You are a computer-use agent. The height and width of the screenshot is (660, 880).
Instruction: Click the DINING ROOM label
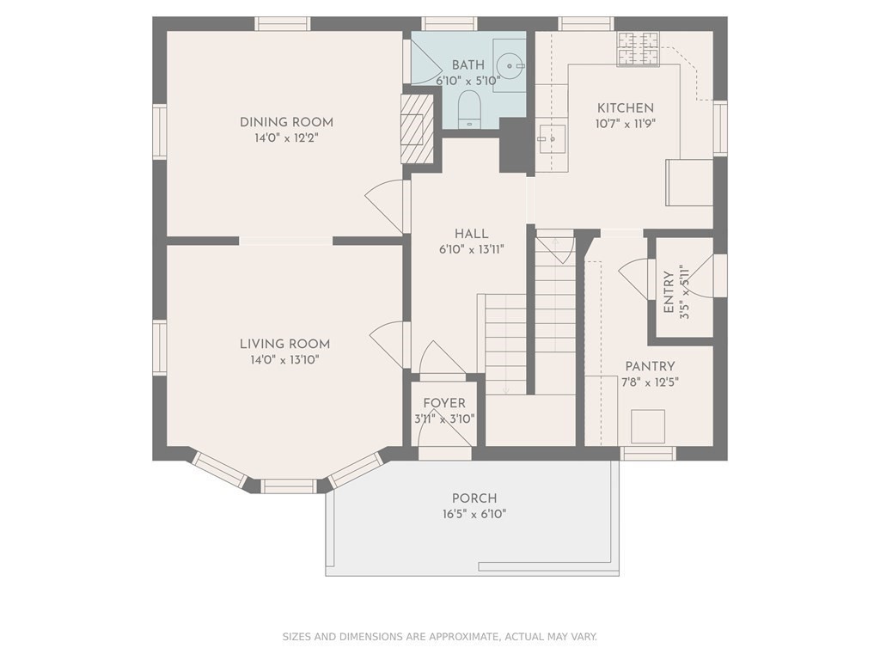[x=286, y=122]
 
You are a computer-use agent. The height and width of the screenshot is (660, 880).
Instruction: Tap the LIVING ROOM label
[x=284, y=344]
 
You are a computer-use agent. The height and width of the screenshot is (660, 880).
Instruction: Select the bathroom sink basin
[x=510, y=65]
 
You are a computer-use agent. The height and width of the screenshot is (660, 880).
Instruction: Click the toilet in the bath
[x=470, y=109]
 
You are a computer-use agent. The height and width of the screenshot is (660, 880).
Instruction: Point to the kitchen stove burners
[x=639, y=49]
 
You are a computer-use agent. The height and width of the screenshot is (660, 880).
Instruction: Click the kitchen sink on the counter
[x=551, y=138]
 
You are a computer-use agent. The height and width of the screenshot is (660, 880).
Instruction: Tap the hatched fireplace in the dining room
[x=417, y=129]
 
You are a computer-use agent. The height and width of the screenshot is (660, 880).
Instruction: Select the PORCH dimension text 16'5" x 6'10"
[x=474, y=514]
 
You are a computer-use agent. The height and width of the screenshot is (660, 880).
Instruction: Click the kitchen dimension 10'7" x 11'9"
[x=626, y=123]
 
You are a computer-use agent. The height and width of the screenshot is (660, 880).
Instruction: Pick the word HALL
[x=472, y=234]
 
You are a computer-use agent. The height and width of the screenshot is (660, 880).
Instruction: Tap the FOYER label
[x=444, y=403]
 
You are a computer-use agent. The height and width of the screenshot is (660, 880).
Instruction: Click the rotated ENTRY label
[x=669, y=292]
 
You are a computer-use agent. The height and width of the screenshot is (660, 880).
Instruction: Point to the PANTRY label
[x=650, y=366]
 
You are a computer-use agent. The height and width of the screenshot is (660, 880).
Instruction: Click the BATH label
[x=468, y=65]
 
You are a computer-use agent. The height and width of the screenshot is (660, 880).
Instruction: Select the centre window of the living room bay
[x=289, y=486]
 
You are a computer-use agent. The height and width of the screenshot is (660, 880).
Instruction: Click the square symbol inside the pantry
[x=648, y=426]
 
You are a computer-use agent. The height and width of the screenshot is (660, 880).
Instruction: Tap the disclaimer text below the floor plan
[x=439, y=637]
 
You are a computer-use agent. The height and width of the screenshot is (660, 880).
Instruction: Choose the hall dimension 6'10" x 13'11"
[x=472, y=249]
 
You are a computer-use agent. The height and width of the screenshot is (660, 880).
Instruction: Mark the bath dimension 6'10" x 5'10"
[x=468, y=81]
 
